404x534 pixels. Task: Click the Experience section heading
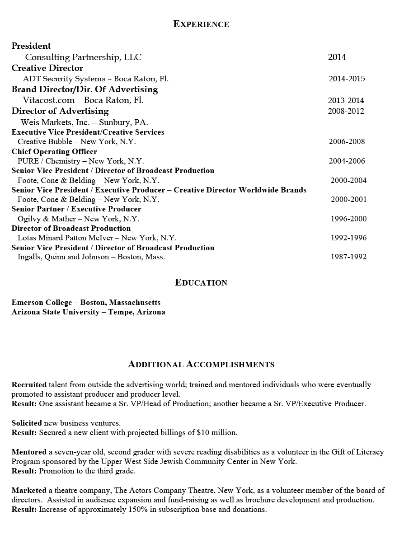[201, 24]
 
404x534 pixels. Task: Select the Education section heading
[201, 283]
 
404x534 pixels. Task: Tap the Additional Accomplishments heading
[201, 365]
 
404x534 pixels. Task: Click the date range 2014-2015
[347, 79]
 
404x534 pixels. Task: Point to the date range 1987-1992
[348, 257]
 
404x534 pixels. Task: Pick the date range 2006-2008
[347, 142]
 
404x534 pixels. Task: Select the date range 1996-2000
[348, 219]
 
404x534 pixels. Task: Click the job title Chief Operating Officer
[54, 151]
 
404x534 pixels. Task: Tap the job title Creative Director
[47, 68]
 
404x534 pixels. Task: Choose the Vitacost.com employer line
[83, 100]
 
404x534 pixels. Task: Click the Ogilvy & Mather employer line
[78, 219]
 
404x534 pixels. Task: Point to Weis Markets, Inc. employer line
[84, 122]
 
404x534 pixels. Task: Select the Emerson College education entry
[86, 303]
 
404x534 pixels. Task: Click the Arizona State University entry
[88, 312]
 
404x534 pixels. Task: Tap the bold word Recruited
[29, 385]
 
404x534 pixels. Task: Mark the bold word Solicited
[27, 423]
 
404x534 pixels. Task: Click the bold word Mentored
[29, 452]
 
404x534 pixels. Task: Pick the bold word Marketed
[29, 491]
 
